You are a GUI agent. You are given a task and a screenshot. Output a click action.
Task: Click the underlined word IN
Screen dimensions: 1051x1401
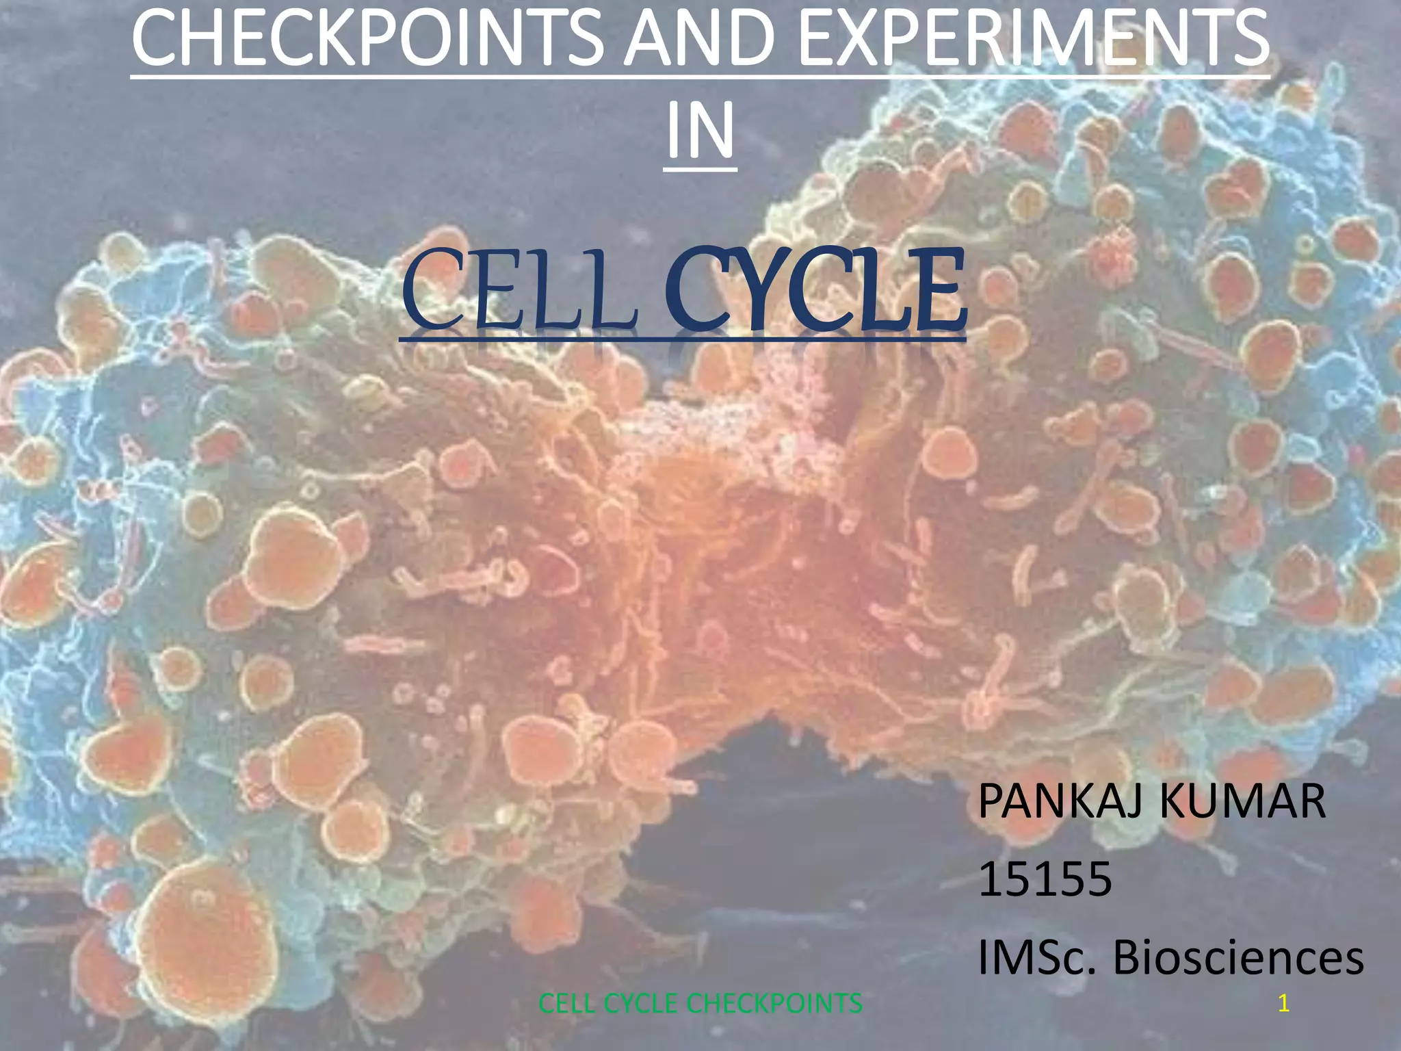700,129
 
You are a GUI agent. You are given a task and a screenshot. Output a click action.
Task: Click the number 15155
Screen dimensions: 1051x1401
1045,879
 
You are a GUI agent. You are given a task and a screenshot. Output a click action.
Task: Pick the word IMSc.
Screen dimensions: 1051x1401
1037,957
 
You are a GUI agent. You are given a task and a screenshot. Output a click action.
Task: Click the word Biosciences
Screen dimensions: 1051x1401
1238,957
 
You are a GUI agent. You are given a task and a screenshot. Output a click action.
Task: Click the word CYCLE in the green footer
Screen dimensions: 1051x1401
642,1004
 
